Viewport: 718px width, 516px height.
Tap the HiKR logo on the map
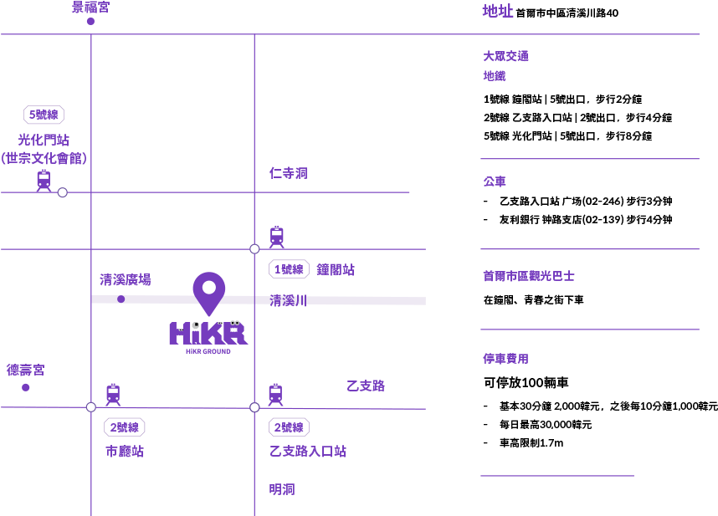[208, 335]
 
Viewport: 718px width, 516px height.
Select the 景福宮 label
[90, 8]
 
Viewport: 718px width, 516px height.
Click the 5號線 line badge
[44, 115]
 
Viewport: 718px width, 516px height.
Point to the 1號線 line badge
[289, 269]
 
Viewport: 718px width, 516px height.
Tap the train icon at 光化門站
[44, 180]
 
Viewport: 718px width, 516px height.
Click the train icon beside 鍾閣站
[277, 237]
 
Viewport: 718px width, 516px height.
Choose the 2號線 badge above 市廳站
[126, 427]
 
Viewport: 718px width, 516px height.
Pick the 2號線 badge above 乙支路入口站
[290, 427]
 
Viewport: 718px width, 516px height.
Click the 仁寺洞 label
[289, 173]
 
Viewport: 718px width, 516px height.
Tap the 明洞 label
[282, 489]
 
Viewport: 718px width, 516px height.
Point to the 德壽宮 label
[26, 370]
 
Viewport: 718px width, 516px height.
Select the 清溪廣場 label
[126, 280]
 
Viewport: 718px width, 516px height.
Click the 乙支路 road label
[366, 386]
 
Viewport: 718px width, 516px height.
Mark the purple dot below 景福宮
[90, 21]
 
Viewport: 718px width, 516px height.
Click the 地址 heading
[497, 11]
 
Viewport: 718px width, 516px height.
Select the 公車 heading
[495, 181]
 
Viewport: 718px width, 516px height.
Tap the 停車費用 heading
[505, 358]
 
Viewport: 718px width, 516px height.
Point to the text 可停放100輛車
[526, 382]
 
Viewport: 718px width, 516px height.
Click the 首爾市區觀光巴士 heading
[529, 276]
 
